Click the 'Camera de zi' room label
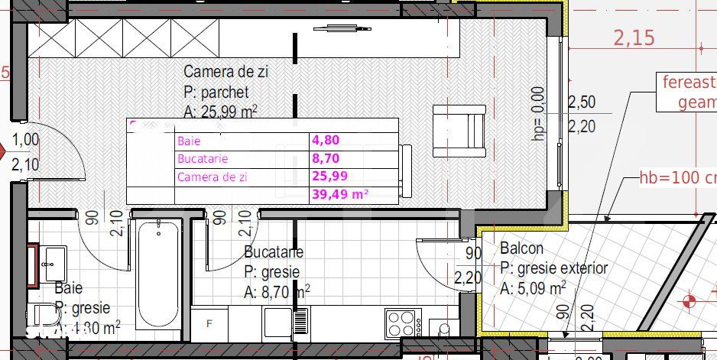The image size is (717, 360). pyautogui.click(x=225, y=73)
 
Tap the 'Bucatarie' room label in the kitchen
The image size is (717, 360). pyautogui.click(x=274, y=252)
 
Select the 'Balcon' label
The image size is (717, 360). pyautogui.click(x=522, y=248)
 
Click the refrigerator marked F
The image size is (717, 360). pyautogui.click(x=209, y=324)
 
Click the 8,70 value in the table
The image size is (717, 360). pyautogui.click(x=325, y=159)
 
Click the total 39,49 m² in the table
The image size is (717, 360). pyautogui.click(x=340, y=195)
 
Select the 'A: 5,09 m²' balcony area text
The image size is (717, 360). pyautogui.click(x=533, y=289)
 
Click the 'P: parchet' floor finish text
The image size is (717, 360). pyautogui.click(x=216, y=92)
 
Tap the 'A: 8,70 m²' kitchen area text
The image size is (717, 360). pyautogui.click(x=277, y=291)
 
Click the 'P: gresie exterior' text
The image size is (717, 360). pyautogui.click(x=553, y=268)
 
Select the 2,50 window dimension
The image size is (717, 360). pyautogui.click(x=582, y=102)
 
